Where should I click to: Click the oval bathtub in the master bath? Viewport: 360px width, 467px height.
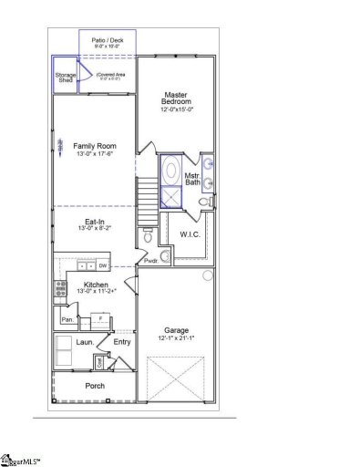coord(171,171)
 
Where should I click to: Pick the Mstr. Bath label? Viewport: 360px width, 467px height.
coord(192,179)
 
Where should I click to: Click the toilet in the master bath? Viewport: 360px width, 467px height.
coord(209,202)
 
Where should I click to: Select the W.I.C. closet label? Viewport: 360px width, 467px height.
coord(190,233)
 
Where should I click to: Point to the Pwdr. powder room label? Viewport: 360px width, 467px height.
coord(151,262)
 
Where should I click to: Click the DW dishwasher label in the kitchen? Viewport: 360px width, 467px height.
coord(103,265)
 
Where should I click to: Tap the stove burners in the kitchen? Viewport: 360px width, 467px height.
coord(61,289)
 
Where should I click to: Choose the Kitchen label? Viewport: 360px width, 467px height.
coord(97,285)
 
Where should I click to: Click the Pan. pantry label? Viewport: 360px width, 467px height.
coord(67,320)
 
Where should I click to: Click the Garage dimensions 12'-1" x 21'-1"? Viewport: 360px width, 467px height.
coord(176,338)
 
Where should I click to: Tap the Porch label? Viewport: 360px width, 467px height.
coord(95,386)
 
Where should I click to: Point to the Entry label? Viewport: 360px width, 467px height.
coord(122,343)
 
